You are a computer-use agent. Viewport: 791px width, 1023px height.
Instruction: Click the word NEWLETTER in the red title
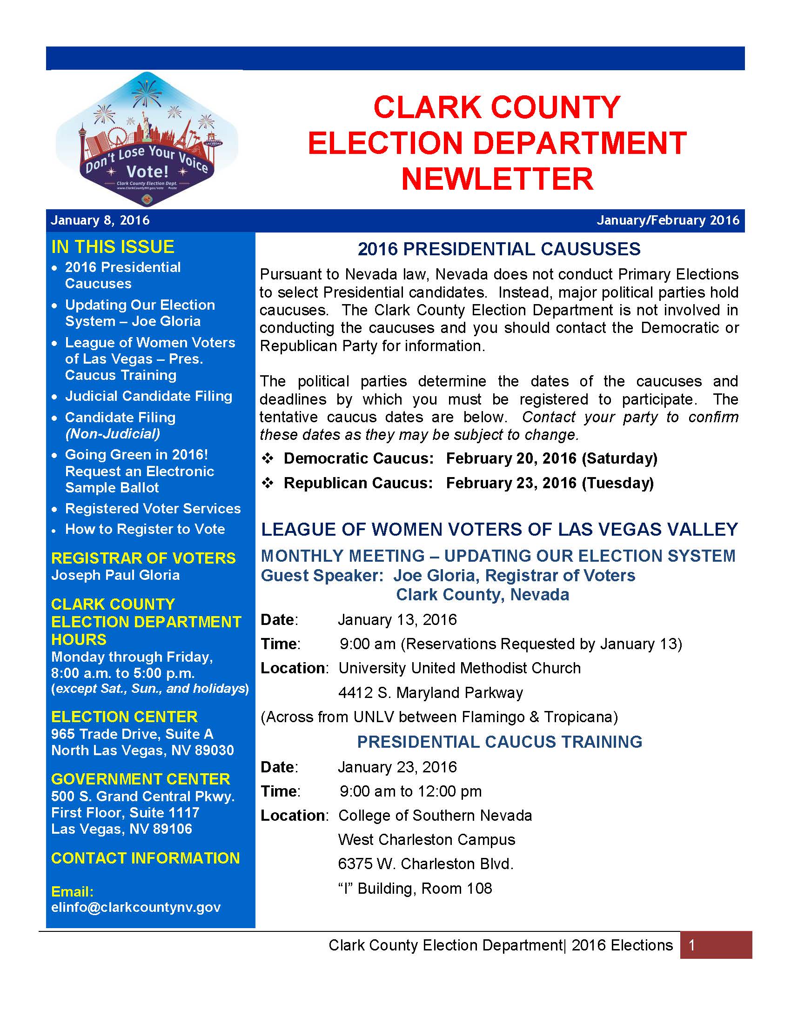click(497, 179)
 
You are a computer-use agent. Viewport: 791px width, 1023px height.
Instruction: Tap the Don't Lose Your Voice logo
click(147, 139)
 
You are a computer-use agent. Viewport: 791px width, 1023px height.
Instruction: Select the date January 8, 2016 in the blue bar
click(101, 220)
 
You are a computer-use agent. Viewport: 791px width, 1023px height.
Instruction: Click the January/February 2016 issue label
click(667, 220)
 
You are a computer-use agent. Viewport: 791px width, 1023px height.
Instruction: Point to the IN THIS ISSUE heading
click(113, 247)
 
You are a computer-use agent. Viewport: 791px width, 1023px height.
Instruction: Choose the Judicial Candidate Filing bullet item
click(148, 396)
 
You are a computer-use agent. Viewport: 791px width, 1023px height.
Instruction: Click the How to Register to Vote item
click(145, 529)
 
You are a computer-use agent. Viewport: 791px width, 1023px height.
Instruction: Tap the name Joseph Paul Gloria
click(115, 575)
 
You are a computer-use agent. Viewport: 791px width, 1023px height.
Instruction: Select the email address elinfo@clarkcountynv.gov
click(135, 907)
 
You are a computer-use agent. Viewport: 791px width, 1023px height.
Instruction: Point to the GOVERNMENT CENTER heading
click(141, 779)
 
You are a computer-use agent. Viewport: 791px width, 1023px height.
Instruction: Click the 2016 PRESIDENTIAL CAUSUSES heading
click(499, 249)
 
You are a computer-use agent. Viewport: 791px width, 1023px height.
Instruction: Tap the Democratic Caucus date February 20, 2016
click(511, 458)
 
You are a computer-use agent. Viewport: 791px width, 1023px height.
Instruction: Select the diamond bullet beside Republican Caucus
click(268, 483)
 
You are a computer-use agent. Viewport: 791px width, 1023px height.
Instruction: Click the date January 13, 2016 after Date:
click(397, 620)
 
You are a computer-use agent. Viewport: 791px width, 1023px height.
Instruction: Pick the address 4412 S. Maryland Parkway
click(430, 692)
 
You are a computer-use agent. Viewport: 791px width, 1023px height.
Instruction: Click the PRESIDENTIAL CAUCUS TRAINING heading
click(500, 742)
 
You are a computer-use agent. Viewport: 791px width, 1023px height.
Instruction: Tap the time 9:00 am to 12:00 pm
click(410, 791)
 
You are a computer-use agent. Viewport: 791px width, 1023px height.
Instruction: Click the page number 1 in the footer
click(691, 945)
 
